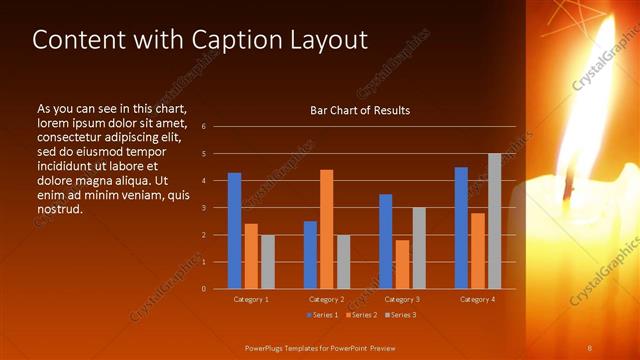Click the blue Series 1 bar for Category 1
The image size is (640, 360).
pos(234,231)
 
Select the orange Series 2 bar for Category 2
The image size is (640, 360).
pos(327,229)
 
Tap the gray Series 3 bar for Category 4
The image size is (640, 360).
pos(494,221)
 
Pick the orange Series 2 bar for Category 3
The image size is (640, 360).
pos(402,264)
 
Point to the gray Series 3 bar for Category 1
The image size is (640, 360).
pos(267,262)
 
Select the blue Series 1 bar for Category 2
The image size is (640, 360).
pos(310,255)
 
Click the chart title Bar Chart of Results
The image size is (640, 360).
pos(360,110)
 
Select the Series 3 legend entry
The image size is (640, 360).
pos(399,315)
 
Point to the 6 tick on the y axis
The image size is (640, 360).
pos(203,126)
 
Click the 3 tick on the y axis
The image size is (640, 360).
pos(203,208)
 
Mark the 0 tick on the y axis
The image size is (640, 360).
pos(203,289)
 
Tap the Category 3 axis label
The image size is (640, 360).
pos(402,299)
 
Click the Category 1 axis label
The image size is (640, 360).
pos(251,299)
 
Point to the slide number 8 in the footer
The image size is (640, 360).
pos(590,347)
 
